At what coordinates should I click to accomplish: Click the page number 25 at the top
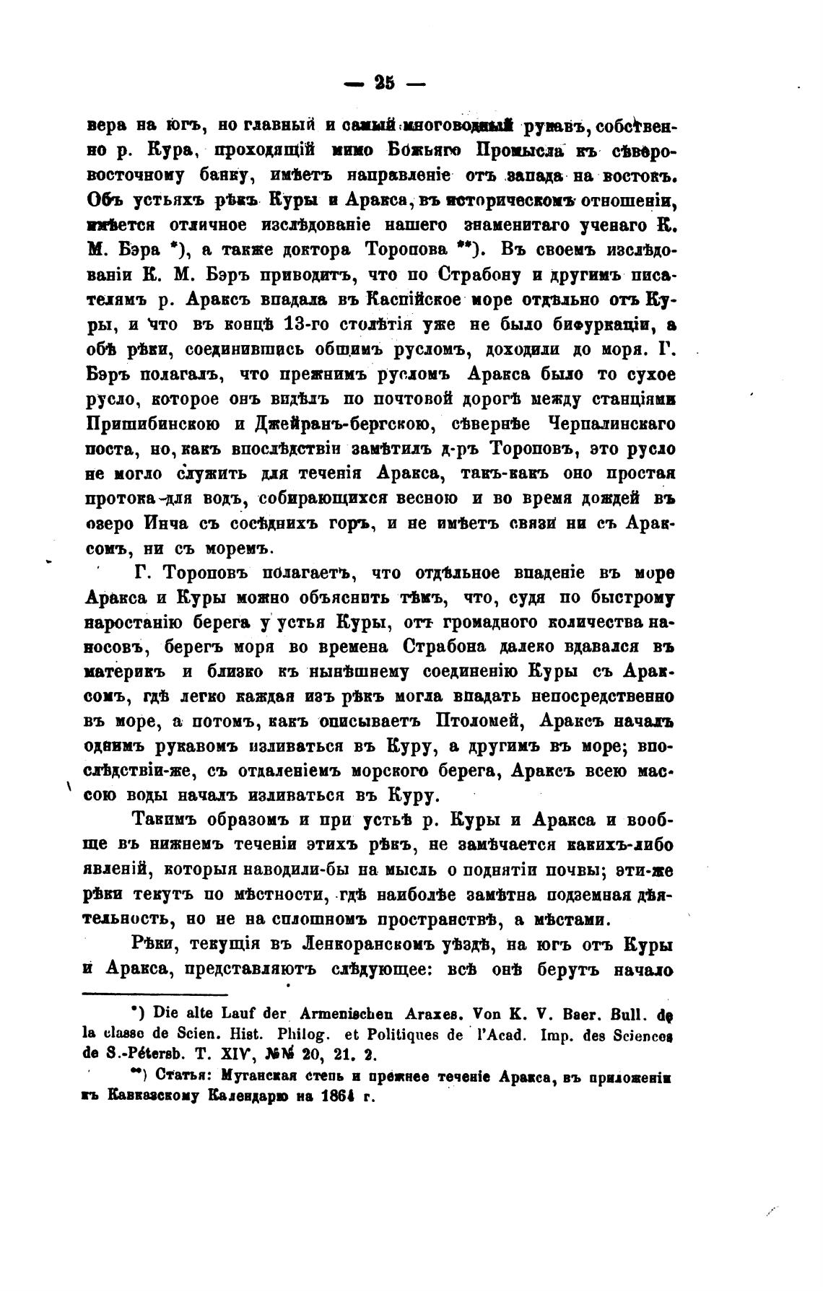[385, 83]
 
